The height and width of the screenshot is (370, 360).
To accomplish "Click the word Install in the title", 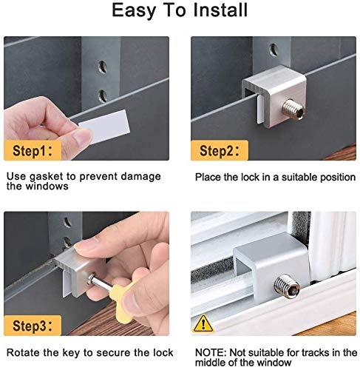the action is (220, 10).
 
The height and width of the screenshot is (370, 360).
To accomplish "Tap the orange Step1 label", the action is (33, 150).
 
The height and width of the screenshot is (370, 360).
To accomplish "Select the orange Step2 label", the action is (220, 150).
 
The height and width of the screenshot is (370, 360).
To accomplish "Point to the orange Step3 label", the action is (33, 326).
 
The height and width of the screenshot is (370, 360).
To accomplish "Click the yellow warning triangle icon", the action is (203, 323).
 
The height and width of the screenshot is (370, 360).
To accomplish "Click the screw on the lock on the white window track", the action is (287, 286).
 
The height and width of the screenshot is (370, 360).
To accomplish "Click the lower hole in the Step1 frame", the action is (103, 95).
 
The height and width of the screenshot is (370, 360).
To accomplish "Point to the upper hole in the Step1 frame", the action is (103, 67).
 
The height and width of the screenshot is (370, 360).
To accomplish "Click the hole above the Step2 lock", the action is (274, 50).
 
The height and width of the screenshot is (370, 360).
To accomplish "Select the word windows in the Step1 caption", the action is (47, 186).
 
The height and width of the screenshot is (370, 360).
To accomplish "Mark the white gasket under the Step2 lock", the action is (260, 110).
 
